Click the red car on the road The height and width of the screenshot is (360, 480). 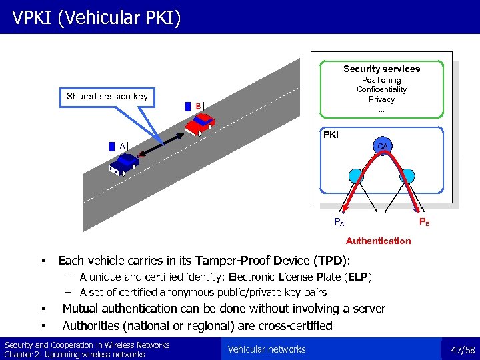coord(200,122)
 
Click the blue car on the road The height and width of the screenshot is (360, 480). coord(124,162)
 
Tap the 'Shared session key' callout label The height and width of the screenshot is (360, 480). coord(107,96)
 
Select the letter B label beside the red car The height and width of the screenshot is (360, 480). coord(198,105)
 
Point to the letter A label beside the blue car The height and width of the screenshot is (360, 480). coord(123,146)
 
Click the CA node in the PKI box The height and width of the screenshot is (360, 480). coord(382,146)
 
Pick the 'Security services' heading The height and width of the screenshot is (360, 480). coord(381,69)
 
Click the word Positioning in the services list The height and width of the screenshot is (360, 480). coord(381,80)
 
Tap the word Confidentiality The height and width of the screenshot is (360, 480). coord(381,89)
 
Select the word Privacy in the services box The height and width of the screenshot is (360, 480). coord(381,99)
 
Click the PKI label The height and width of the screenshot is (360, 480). coord(331,135)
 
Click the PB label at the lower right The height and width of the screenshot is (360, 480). coord(424,222)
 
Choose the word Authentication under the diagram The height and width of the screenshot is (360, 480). coord(378,241)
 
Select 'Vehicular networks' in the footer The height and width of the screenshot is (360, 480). coord(267,349)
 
